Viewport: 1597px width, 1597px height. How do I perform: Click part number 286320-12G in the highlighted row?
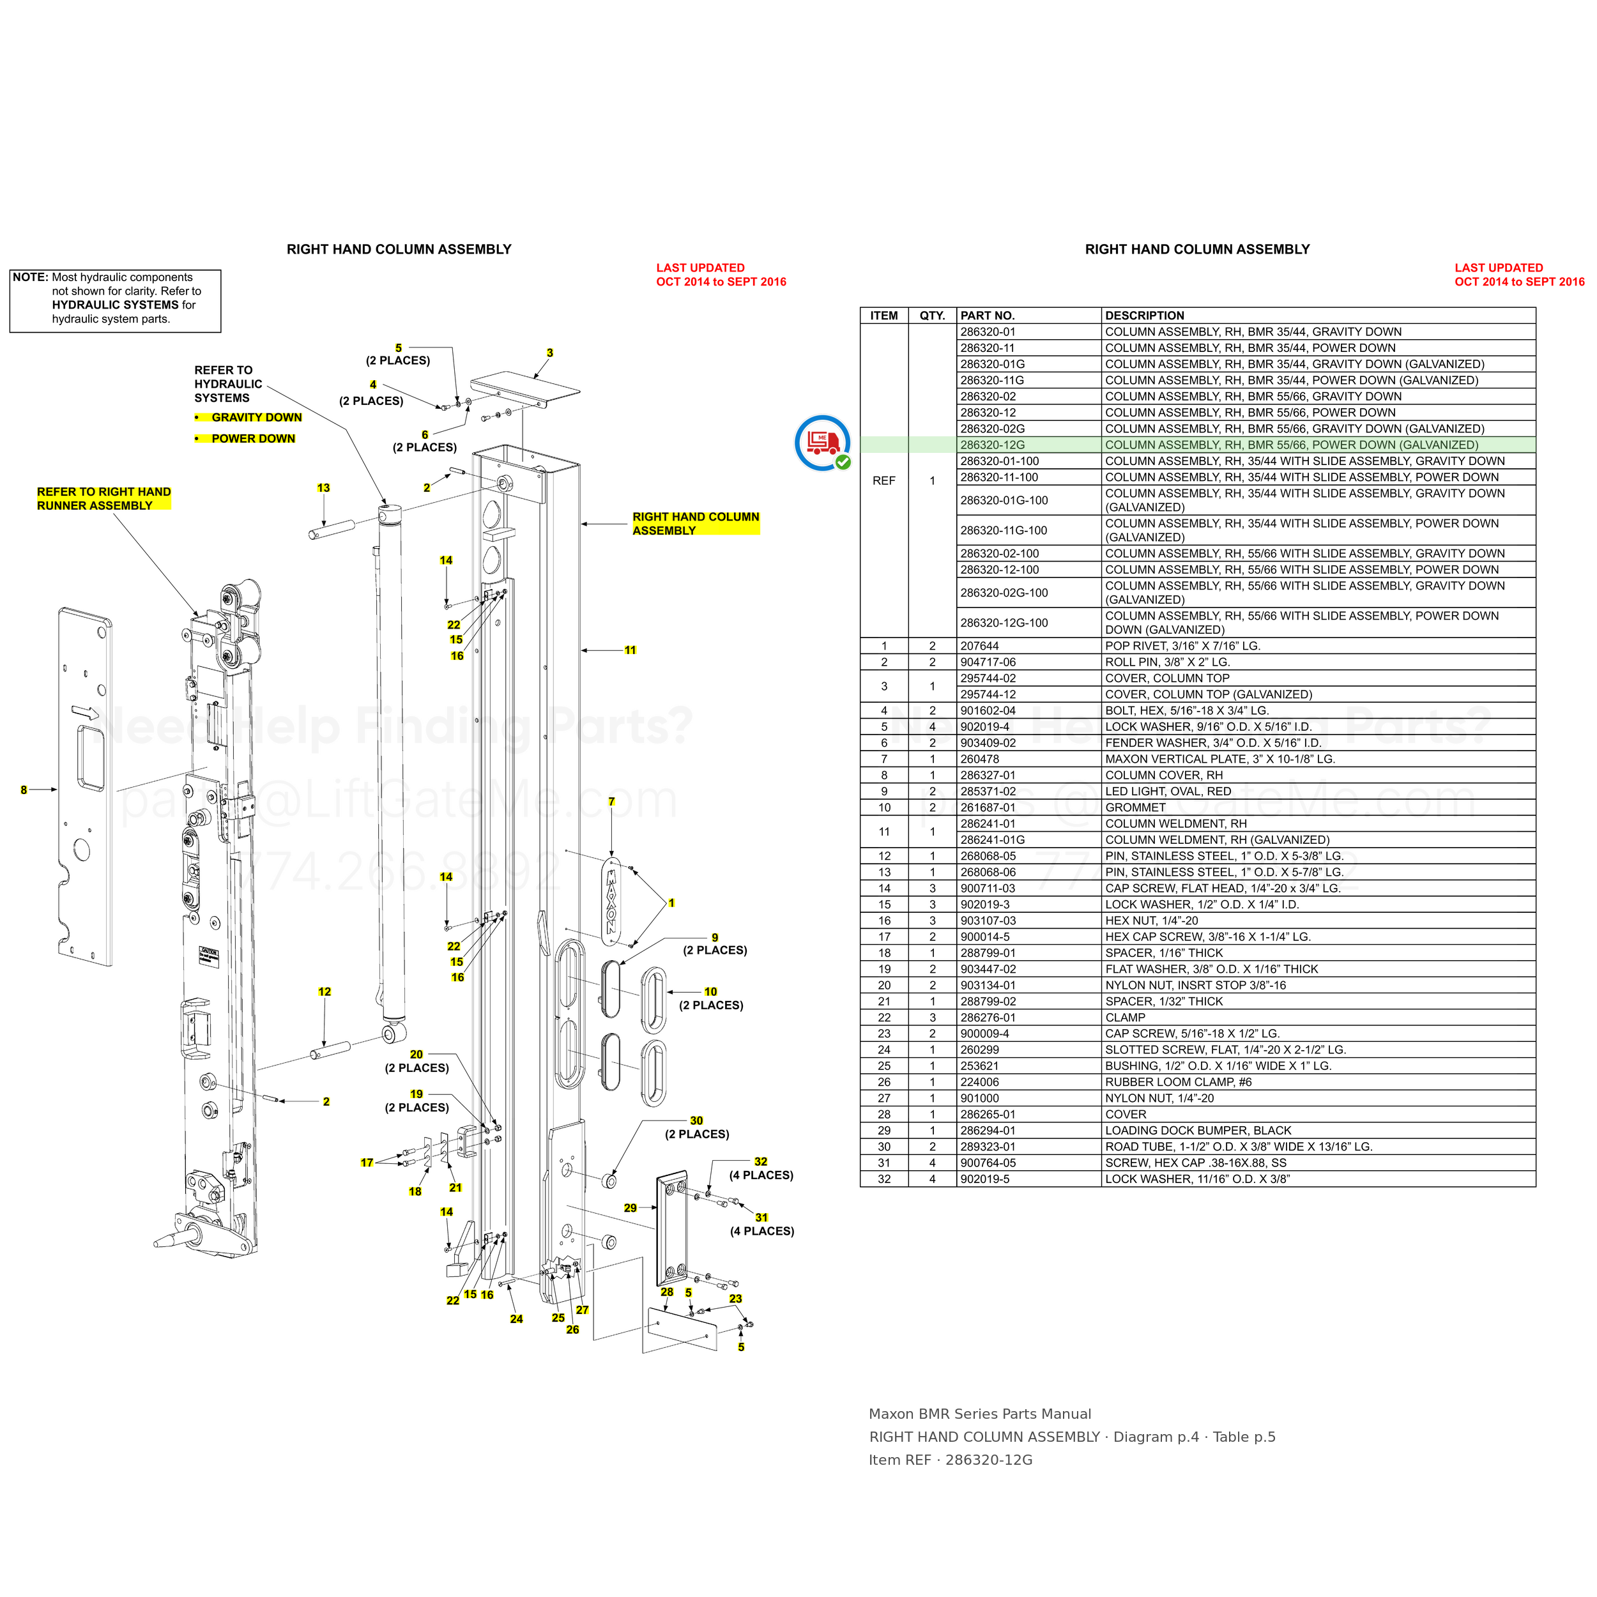[x=992, y=445]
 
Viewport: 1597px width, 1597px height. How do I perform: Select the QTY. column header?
[x=933, y=316]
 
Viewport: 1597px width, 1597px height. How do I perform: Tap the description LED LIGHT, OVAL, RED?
[x=1168, y=791]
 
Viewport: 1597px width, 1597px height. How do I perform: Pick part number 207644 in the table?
[x=979, y=646]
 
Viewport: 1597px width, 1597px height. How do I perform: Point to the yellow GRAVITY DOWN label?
[x=256, y=417]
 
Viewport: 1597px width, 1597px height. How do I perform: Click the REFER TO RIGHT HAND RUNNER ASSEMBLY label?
[x=104, y=498]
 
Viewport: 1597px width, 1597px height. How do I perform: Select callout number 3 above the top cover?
[x=550, y=353]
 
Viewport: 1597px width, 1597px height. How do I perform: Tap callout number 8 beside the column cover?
[x=24, y=790]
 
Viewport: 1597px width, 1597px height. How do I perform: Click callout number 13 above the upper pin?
[x=323, y=487]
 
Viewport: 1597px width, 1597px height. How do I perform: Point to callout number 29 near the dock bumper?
[x=630, y=1208]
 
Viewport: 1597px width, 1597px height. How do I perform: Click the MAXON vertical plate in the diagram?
[x=612, y=901]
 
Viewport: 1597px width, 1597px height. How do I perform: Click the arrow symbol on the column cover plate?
[x=85, y=712]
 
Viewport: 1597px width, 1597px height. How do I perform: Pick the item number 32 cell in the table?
[x=883, y=1179]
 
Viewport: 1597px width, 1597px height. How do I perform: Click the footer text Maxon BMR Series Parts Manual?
[x=979, y=1414]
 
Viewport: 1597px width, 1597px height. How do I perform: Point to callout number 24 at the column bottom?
[x=516, y=1319]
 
